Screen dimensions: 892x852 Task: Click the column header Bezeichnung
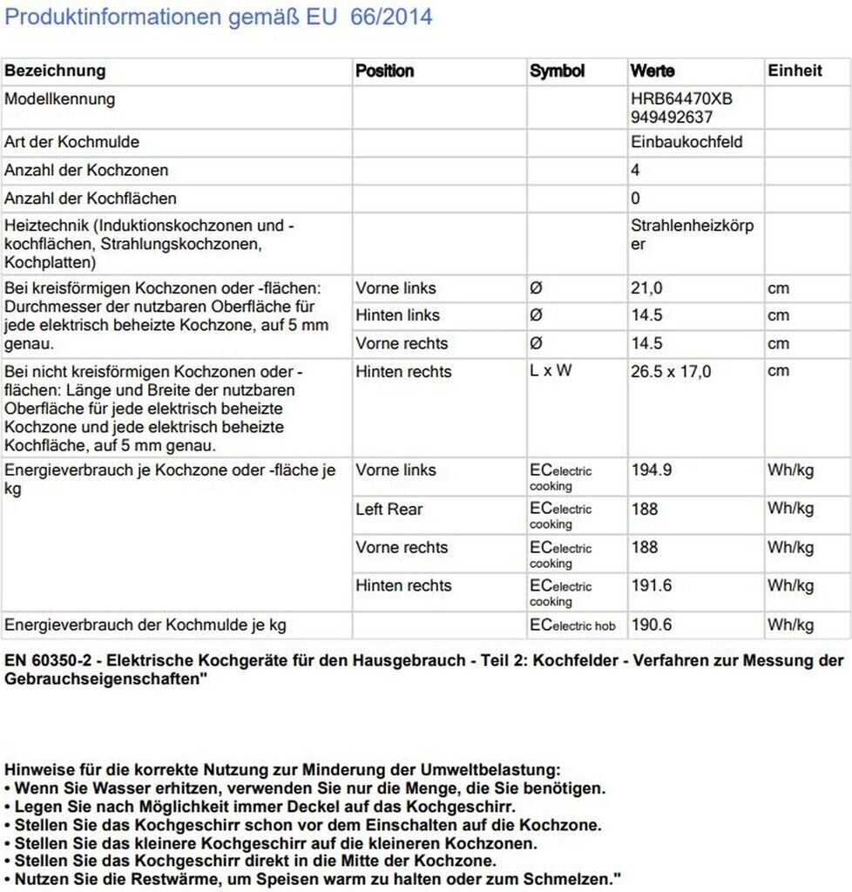pos(55,71)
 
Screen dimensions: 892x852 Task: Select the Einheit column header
pos(795,71)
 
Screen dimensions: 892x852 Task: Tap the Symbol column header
pos(557,71)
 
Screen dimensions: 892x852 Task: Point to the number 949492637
pos(672,117)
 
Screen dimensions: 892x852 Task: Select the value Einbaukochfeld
pos(686,142)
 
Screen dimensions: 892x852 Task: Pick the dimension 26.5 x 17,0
pos(671,372)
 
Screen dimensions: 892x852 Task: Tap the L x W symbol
pos(551,371)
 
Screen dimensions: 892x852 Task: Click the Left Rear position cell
pos(388,510)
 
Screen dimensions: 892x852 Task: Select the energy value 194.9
pos(651,471)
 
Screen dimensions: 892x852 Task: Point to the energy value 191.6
pos(651,586)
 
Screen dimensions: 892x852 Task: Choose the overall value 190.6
pos(651,625)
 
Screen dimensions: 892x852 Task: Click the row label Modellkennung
pos(59,99)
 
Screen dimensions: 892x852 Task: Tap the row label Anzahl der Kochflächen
pos(91,199)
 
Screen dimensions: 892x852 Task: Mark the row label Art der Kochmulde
pos(71,142)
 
